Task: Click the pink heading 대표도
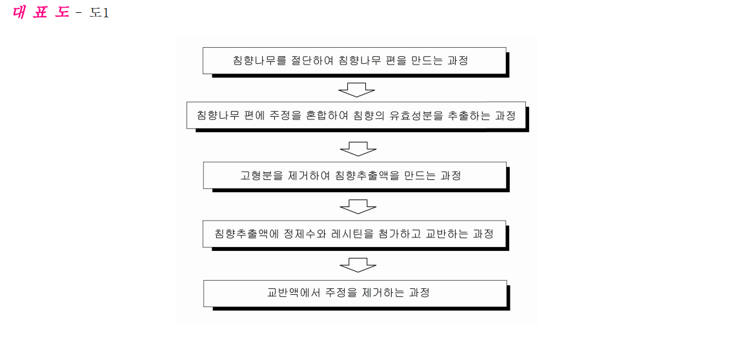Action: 41,12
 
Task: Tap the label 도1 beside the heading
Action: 99,13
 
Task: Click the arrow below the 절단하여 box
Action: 357,90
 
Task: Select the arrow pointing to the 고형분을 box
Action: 358,148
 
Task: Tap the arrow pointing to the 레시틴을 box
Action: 358,207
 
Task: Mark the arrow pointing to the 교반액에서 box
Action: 358,265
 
